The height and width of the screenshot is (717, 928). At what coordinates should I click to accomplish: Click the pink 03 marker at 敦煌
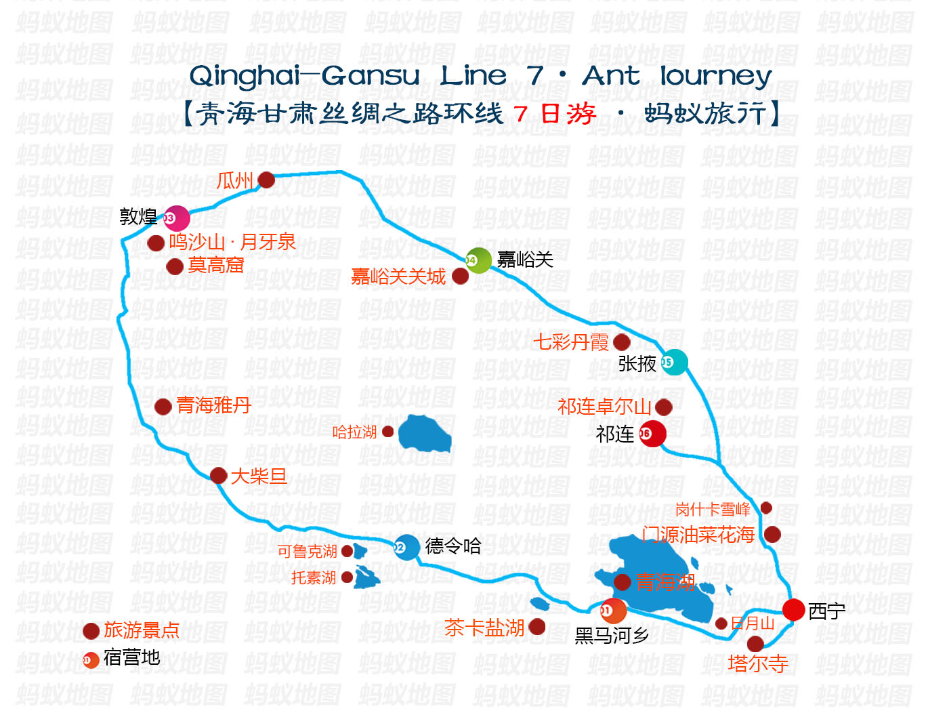(x=176, y=218)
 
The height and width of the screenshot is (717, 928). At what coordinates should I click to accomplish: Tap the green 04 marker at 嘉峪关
(x=478, y=260)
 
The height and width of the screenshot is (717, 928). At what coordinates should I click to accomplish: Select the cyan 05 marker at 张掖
(x=675, y=363)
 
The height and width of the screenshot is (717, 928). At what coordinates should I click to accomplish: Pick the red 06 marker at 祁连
(x=652, y=434)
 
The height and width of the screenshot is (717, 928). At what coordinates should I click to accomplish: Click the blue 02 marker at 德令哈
(x=407, y=548)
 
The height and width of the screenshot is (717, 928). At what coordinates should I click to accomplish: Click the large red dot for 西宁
(x=793, y=610)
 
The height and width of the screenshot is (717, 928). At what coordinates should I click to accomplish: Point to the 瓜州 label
(x=235, y=180)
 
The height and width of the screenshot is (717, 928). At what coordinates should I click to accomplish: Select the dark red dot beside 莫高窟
(x=175, y=266)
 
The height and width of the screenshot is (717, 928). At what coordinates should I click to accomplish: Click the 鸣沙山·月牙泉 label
(x=232, y=243)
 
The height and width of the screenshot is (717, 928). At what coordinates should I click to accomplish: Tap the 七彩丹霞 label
(x=571, y=342)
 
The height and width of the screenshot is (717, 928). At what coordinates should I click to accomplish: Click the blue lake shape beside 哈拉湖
(x=424, y=433)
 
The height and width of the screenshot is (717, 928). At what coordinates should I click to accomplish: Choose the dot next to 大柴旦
(x=218, y=476)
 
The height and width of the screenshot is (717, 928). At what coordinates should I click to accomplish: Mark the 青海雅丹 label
(x=213, y=405)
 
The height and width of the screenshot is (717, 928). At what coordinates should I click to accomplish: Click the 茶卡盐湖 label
(x=484, y=628)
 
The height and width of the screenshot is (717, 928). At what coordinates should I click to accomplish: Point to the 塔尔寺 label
(x=758, y=663)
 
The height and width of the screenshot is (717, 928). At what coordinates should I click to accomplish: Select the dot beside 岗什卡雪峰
(x=766, y=508)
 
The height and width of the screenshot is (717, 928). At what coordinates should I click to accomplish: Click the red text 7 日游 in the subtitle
(x=554, y=114)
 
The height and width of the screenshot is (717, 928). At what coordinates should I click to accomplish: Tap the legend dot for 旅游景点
(x=91, y=631)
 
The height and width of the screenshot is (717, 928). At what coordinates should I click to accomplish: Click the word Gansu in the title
(x=371, y=76)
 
